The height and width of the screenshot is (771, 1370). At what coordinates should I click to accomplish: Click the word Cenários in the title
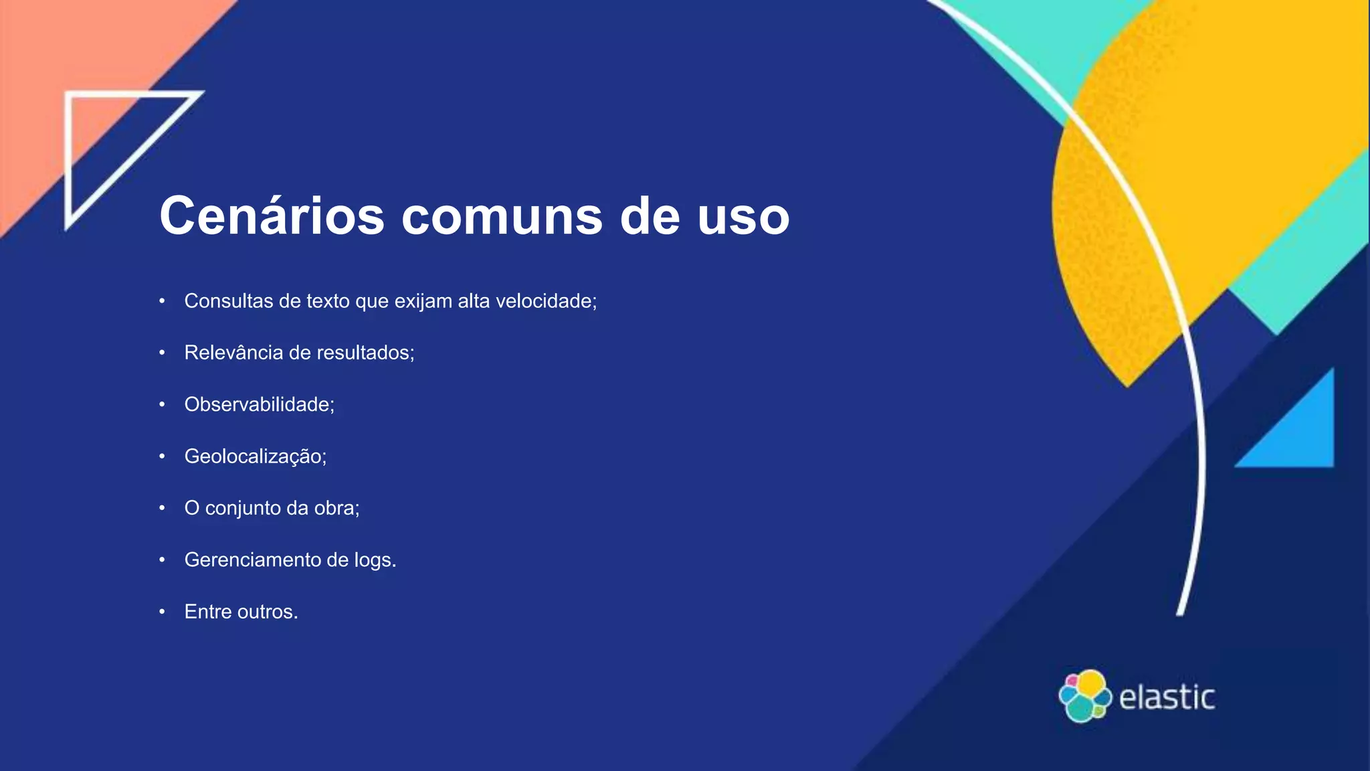[272, 216]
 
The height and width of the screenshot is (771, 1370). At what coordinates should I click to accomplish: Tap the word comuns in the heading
[502, 217]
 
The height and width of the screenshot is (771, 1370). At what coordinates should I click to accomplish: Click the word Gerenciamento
[252, 560]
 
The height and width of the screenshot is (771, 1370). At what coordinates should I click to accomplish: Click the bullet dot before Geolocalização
[162, 456]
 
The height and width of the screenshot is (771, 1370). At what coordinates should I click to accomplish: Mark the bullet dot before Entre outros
[162, 612]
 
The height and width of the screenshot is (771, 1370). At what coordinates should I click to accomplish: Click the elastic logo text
[1167, 697]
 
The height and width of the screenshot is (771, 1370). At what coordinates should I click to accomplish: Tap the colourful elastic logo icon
[1084, 696]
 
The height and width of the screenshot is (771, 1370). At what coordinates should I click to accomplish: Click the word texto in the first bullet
[328, 301]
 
